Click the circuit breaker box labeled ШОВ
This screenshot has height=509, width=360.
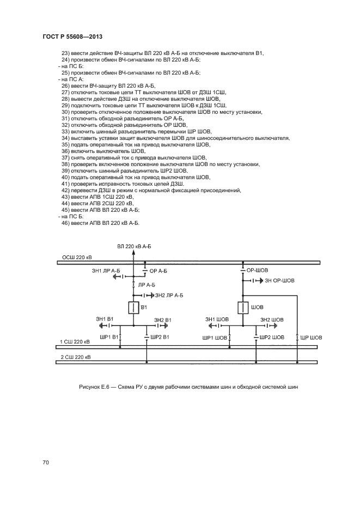(243, 308)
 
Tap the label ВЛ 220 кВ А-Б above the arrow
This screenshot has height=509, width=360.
(134, 247)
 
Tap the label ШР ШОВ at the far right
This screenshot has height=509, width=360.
(311, 338)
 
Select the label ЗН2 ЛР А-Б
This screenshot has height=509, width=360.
(169, 295)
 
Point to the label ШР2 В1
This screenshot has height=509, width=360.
(160, 337)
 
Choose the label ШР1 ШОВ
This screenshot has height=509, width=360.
(215, 338)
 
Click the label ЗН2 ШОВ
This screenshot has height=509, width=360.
(272, 320)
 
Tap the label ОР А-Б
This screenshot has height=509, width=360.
(158, 271)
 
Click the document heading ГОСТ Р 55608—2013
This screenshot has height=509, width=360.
(72, 36)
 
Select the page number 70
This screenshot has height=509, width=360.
(46, 462)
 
